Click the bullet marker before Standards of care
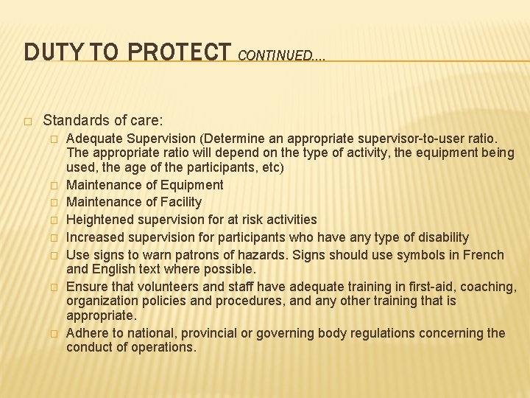coord(27,120)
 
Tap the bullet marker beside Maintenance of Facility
coord(53,203)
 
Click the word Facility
coord(178,202)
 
